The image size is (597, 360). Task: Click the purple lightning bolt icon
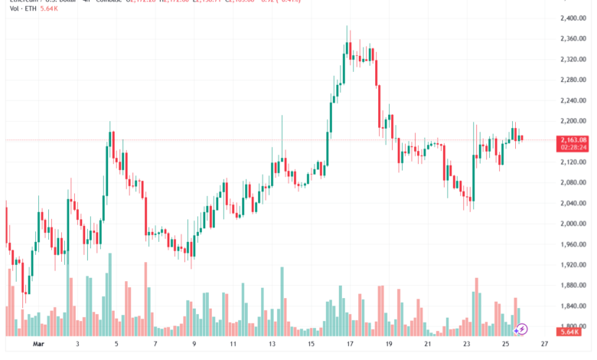point(522,329)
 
